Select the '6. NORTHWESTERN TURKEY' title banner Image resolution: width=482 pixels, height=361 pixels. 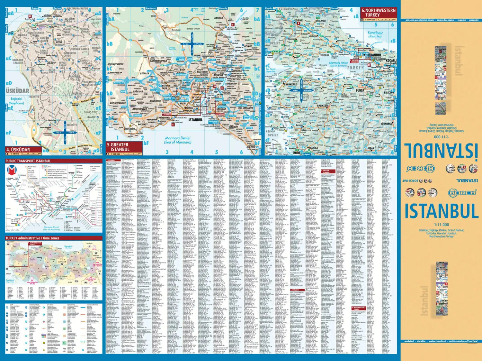(x=378, y=13)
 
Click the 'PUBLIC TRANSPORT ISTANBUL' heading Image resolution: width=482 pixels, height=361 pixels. (x=28, y=161)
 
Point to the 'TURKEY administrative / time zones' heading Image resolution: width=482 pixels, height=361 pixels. (x=32, y=238)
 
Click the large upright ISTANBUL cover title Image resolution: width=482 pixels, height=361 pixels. (x=441, y=211)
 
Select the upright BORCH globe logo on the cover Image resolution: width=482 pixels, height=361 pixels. (x=462, y=193)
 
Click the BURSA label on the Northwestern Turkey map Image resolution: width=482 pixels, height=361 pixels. (x=360, y=90)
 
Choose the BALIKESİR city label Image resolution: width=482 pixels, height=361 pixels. (x=323, y=106)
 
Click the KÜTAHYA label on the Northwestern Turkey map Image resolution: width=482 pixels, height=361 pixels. (x=386, y=124)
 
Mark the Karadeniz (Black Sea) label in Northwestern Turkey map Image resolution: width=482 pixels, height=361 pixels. (x=375, y=34)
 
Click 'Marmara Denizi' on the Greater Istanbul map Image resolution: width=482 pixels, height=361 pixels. (x=177, y=138)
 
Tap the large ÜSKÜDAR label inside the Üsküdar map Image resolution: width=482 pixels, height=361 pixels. (x=17, y=91)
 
